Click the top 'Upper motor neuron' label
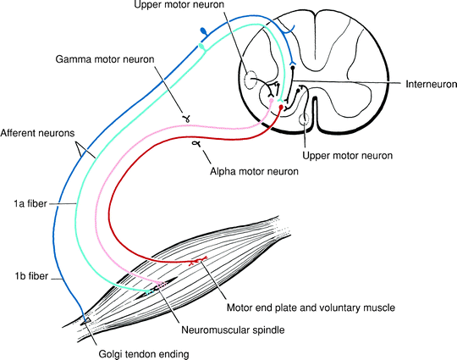tap(179, 8)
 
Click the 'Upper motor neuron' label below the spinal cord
tap(343, 156)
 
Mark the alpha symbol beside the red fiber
tap(196, 146)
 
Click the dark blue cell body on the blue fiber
tap(202, 32)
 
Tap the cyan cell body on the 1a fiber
tap(201, 48)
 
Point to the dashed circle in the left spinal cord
tap(251, 81)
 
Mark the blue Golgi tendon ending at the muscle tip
tap(86, 319)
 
